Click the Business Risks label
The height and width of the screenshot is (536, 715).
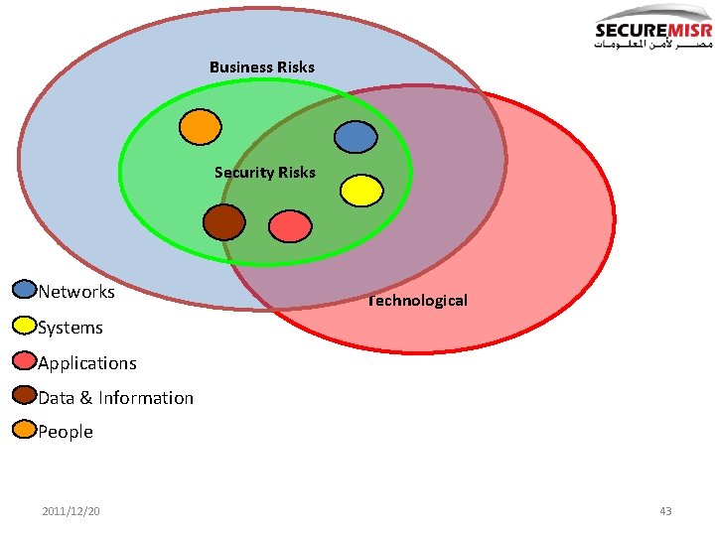tap(262, 67)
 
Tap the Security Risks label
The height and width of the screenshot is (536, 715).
tap(264, 173)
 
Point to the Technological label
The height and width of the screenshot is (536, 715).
tap(417, 300)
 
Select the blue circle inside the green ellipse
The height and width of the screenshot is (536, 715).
tap(355, 137)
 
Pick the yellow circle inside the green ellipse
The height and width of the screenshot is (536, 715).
tap(361, 190)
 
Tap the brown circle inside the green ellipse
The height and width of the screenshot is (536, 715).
tap(223, 221)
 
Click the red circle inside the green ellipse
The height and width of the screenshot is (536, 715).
tap(290, 226)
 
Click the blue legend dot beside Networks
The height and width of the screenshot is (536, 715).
tap(25, 290)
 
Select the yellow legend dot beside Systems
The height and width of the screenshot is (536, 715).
tap(25, 325)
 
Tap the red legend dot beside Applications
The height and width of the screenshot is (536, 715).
tap(25, 360)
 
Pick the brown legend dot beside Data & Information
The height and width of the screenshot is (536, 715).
tap(25, 395)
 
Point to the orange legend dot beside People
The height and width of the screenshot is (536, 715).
tap(25, 430)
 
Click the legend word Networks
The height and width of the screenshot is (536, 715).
tap(76, 292)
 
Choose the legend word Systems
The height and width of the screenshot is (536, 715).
tap(71, 328)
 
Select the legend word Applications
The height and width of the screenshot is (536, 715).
tap(87, 363)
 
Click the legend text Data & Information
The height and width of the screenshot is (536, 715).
tap(116, 398)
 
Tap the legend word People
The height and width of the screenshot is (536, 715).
tap(66, 432)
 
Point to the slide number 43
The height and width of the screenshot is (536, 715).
tap(665, 511)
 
